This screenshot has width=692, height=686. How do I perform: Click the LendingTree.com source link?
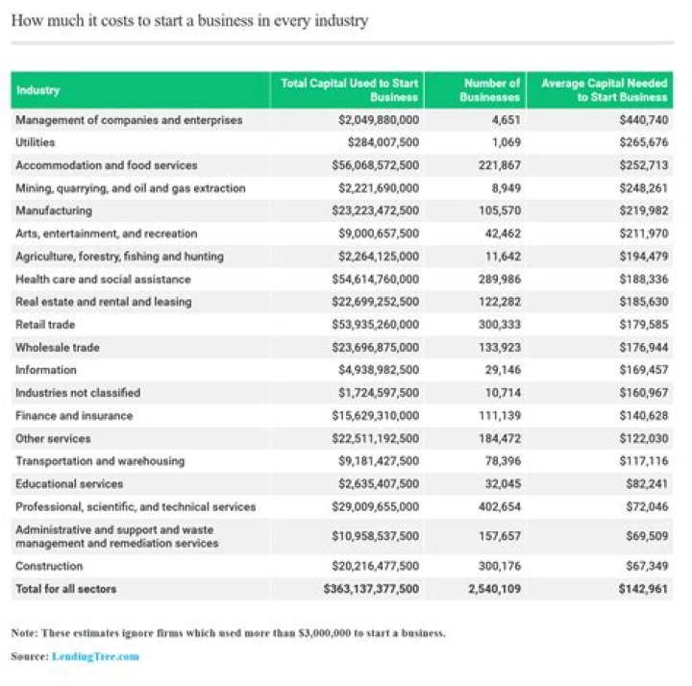(101, 656)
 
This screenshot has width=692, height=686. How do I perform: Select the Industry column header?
(37, 90)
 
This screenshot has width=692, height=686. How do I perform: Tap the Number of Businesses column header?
(491, 90)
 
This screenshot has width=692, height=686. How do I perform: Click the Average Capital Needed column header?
(604, 90)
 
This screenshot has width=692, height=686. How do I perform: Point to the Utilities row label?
(36, 142)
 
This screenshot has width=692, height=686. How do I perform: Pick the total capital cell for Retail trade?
(378, 325)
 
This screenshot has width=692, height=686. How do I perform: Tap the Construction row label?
(49, 566)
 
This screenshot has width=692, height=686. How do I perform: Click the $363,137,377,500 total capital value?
(371, 588)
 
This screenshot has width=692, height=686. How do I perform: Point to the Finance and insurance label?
(74, 416)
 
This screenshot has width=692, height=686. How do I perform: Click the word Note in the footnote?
(24, 633)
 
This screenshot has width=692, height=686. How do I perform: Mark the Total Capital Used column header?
(349, 90)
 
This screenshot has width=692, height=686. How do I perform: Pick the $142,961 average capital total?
(641, 588)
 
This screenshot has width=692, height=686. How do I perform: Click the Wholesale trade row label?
(58, 348)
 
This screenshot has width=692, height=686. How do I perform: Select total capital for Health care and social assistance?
(378, 280)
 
